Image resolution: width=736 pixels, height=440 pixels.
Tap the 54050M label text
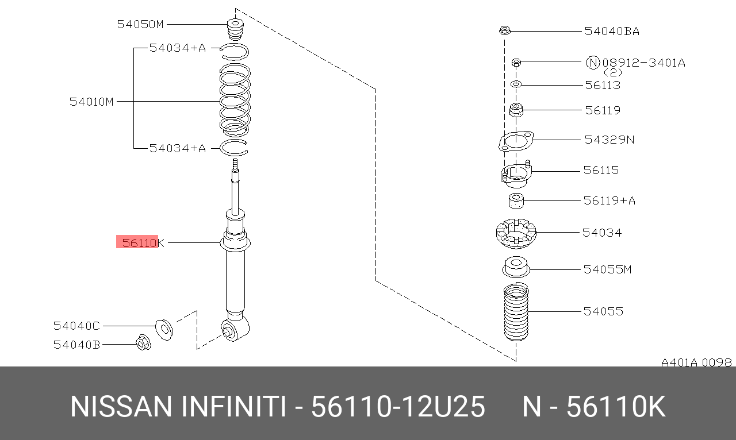click(x=140, y=24)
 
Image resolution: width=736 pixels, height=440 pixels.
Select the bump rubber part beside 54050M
click(x=235, y=29)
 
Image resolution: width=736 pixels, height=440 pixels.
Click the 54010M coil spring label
click(x=91, y=102)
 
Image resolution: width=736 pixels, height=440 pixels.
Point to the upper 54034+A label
click(x=178, y=48)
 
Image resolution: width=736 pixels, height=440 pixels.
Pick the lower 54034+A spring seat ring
click(x=233, y=148)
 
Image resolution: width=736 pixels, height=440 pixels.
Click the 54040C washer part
click(x=164, y=330)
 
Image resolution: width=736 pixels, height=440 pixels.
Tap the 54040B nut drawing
click(x=144, y=342)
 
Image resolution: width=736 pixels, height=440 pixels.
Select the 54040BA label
click(x=612, y=31)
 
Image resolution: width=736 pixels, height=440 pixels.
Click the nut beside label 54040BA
click(x=504, y=30)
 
